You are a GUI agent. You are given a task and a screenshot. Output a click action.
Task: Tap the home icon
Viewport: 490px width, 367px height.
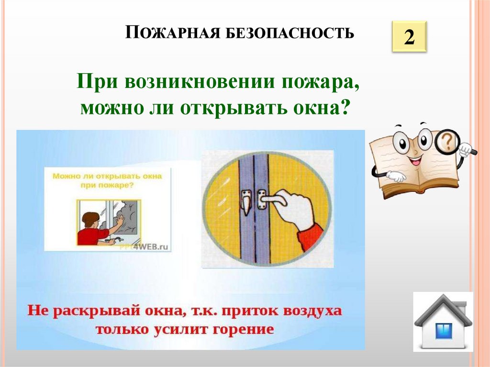(443, 322)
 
